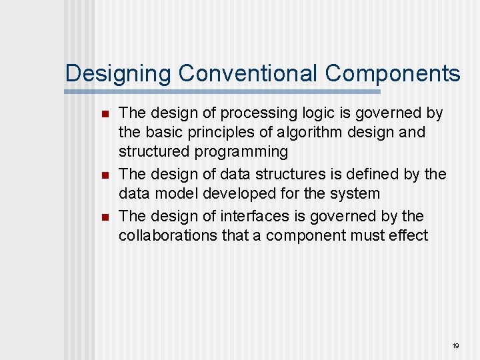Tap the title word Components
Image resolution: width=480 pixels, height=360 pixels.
tap(393, 73)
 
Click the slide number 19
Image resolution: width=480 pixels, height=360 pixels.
tap(456, 345)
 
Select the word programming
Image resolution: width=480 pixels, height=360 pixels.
tap(241, 152)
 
